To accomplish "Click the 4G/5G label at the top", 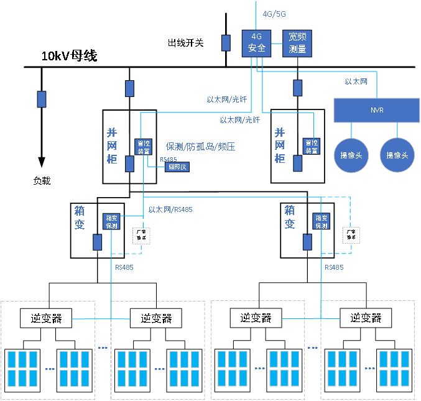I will click(274, 13).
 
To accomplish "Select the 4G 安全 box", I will click(256, 43).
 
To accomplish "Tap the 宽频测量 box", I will click(297, 43).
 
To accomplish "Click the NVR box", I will click(377, 110).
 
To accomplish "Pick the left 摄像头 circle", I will click(351, 154).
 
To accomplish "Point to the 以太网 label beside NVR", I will click(356, 81).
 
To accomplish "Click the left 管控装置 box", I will click(144, 146).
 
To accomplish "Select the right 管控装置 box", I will click(311, 146).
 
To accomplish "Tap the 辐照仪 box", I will click(177, 167).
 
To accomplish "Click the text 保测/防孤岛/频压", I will click(200, 147).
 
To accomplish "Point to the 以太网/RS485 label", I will click(170, 210).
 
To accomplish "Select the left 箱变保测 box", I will click(111, 221).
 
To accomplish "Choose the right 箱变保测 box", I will click(321, 221).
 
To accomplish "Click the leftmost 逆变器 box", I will click(46, 318).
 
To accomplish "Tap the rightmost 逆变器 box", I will click(365, 318).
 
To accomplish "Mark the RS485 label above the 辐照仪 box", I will click(168, 159).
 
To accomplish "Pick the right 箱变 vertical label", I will click(290, 217).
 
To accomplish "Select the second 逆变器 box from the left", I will click(155, 318).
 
